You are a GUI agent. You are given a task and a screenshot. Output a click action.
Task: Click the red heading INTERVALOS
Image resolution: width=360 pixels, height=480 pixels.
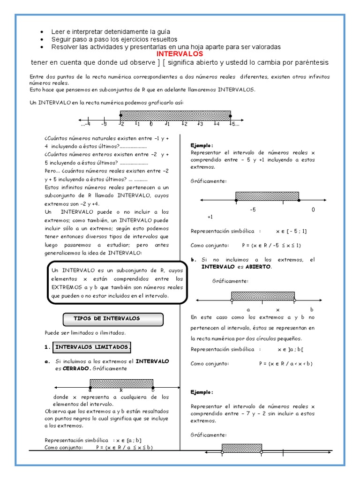coord(180,54)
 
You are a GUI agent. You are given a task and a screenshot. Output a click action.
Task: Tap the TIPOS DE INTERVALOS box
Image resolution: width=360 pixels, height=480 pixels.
coord(113,319)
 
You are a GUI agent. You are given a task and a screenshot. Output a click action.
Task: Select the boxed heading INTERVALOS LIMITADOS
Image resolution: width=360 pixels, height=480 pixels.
coord(91,347)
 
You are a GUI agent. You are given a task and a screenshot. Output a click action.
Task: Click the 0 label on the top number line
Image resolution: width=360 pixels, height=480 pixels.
coord(151,124)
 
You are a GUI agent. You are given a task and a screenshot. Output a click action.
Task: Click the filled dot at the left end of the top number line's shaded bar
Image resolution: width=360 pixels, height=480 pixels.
coord(121,115)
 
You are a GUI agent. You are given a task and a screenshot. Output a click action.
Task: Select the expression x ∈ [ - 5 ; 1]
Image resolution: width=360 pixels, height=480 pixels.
coord(292,231)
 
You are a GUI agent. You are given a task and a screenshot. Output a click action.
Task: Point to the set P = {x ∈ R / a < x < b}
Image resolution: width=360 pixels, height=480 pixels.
coord(285,363)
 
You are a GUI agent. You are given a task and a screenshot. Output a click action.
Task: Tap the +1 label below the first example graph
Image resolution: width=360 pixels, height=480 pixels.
coord(210,217)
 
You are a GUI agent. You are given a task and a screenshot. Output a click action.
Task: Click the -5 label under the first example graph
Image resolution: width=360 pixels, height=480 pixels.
coord(253,210)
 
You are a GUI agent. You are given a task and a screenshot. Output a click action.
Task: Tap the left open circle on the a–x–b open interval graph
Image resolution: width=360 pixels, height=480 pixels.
coord(232,300)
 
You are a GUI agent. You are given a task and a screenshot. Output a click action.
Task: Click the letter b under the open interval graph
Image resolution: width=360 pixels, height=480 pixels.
coord(312,310)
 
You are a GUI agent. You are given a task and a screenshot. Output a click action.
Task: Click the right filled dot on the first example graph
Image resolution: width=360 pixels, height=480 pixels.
coord(299,201)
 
